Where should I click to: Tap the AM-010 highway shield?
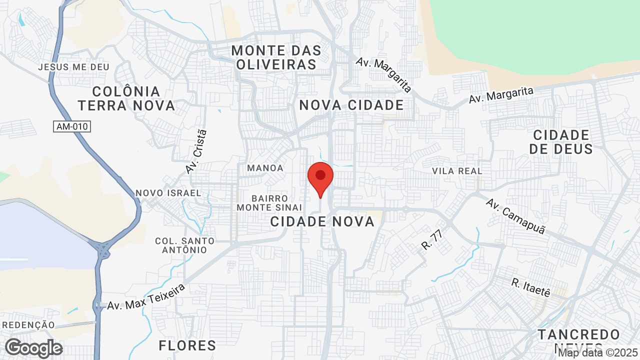click(x=72, y=126)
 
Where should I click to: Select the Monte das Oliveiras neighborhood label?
click(x=276, y=57)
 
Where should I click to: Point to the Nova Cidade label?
click(x=351, y=105)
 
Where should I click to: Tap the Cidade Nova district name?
click(x=322, y=221)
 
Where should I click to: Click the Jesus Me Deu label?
click(x=73, y=67)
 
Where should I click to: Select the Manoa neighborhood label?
click(x=265, y=168)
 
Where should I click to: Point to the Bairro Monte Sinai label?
click(x=269, y=203)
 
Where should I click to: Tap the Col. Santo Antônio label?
click(x=184, y=245)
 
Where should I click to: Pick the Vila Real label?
click(x=457, y=171)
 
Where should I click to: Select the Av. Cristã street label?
click(x=195, y=151)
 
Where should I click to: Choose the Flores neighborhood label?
click(x=187, y=345)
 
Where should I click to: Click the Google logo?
click(x=33, y=348)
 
